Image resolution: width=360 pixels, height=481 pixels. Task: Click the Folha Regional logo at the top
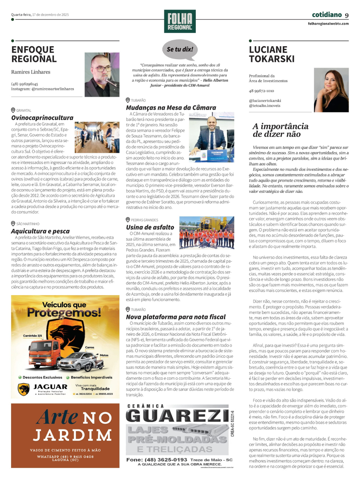point(180,21)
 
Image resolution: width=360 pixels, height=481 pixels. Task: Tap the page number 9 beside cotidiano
point(347,15)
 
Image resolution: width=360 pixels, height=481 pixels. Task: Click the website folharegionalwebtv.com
point(328,24)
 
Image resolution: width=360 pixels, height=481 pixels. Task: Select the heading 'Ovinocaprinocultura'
point(42,117)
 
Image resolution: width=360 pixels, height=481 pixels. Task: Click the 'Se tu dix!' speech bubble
point(180,50)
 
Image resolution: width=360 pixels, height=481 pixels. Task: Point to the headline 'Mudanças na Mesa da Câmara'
point(171,107)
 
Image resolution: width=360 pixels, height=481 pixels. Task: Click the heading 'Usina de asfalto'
point(150,227)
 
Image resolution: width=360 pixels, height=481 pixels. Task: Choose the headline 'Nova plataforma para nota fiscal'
point(176,317)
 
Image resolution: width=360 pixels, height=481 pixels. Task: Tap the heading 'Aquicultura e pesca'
point(40,231)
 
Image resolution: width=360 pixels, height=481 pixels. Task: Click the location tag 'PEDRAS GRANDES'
point(144,220)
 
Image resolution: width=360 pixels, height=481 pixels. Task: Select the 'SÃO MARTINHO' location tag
point(28,224)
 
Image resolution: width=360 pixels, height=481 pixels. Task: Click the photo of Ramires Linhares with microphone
point(102,75)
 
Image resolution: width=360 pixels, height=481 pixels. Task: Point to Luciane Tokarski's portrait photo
point(331,90)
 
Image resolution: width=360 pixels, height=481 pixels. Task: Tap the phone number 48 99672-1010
point(261,91)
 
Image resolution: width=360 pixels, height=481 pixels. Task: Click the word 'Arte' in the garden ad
point(57,417)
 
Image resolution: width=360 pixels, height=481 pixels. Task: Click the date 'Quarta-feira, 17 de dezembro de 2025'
point(40,15)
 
